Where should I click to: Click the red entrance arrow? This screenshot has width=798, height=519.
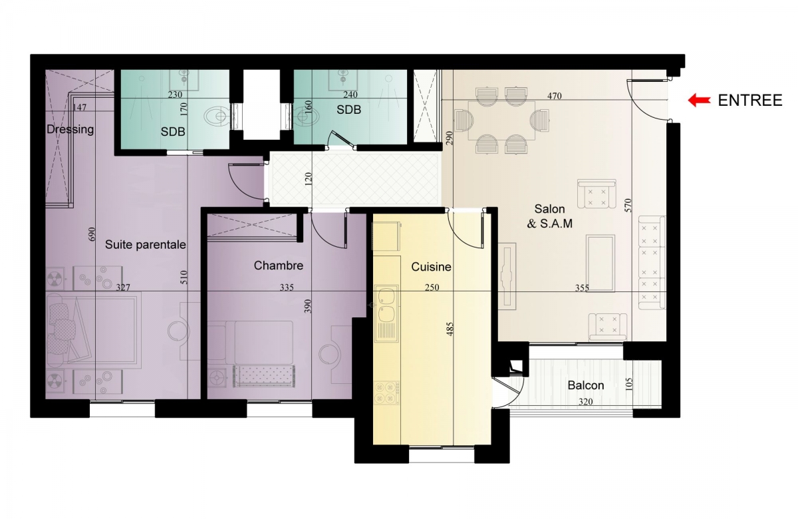point(699,100)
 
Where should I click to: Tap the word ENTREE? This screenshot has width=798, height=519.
point(750,100)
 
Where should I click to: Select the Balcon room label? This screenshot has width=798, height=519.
point(586,385)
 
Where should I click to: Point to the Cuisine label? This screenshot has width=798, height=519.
point(431,267)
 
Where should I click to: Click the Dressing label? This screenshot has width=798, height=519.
point(70,129)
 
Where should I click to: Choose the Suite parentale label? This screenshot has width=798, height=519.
point(146,245)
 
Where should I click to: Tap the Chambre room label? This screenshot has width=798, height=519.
point(278,265)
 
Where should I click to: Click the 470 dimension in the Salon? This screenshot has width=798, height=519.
point(555,96)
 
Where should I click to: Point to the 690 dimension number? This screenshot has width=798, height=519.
point(92,234)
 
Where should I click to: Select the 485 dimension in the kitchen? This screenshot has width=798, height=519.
point(450,329)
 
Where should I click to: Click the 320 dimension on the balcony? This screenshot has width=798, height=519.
point(586,402)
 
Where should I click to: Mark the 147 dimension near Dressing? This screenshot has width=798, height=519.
point(79,107)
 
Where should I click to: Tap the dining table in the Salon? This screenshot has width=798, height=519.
point(501,121)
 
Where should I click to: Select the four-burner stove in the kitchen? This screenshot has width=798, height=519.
point(386,393)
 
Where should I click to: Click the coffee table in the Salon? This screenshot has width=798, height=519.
point(600,263)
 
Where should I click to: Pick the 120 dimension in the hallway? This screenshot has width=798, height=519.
point(309,178)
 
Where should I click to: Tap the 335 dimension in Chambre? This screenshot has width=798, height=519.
point(287,287)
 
